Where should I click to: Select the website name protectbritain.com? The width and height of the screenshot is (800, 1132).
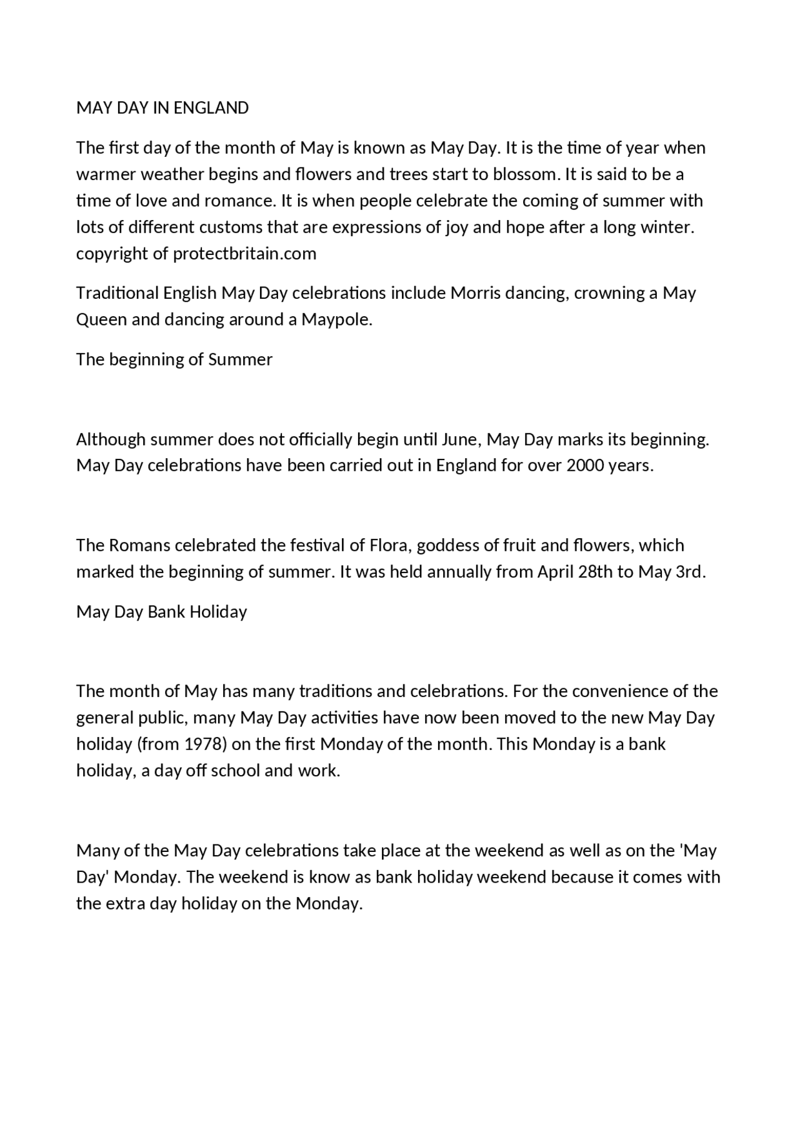[244, 254]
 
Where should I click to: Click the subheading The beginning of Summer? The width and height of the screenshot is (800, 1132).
[174, 359]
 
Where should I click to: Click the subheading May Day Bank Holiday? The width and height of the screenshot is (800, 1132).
[161, 611]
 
